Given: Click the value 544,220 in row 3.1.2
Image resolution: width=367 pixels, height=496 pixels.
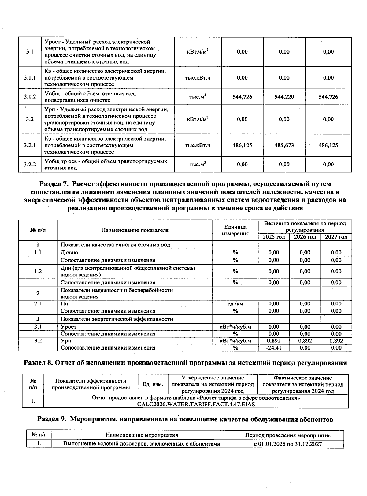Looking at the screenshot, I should [x=284, y=97].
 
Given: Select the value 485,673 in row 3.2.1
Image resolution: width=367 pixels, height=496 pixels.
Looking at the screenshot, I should [x=284, y=145].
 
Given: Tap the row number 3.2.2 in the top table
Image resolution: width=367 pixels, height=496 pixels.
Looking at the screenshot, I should [x=30, y=165].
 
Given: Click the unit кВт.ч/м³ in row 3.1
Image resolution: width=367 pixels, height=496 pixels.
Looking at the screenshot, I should [x=198, y=52].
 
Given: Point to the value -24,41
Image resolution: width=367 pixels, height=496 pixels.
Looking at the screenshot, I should [x=274, y=348].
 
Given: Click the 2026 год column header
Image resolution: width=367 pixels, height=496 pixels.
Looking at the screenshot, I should [x=305, y=237].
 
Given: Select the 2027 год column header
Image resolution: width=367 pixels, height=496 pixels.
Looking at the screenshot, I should [x=336, y=237].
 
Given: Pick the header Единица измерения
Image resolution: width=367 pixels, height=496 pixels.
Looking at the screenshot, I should [x=235, y=230].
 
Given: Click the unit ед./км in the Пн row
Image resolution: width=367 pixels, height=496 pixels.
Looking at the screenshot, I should [x=235, y=304].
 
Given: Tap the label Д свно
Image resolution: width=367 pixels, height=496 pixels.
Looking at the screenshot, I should [x=69, y=253].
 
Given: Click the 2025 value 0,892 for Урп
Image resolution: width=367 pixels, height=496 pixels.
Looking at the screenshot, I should [x=274, y=341].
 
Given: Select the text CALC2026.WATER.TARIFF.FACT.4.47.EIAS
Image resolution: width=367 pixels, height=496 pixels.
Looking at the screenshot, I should [x=196, y=404].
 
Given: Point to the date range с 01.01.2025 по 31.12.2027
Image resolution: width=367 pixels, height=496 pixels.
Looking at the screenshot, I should [x=288, y=444].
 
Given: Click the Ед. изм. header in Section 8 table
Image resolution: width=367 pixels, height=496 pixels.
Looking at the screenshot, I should [x=153, y=384].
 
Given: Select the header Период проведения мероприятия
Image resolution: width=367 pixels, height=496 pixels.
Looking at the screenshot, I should [x=288, y=435].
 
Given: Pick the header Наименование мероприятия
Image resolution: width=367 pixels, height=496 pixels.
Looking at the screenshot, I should [x=142, y=435].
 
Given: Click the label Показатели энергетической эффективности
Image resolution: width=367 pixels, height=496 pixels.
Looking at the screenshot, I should [x=117, y=319].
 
